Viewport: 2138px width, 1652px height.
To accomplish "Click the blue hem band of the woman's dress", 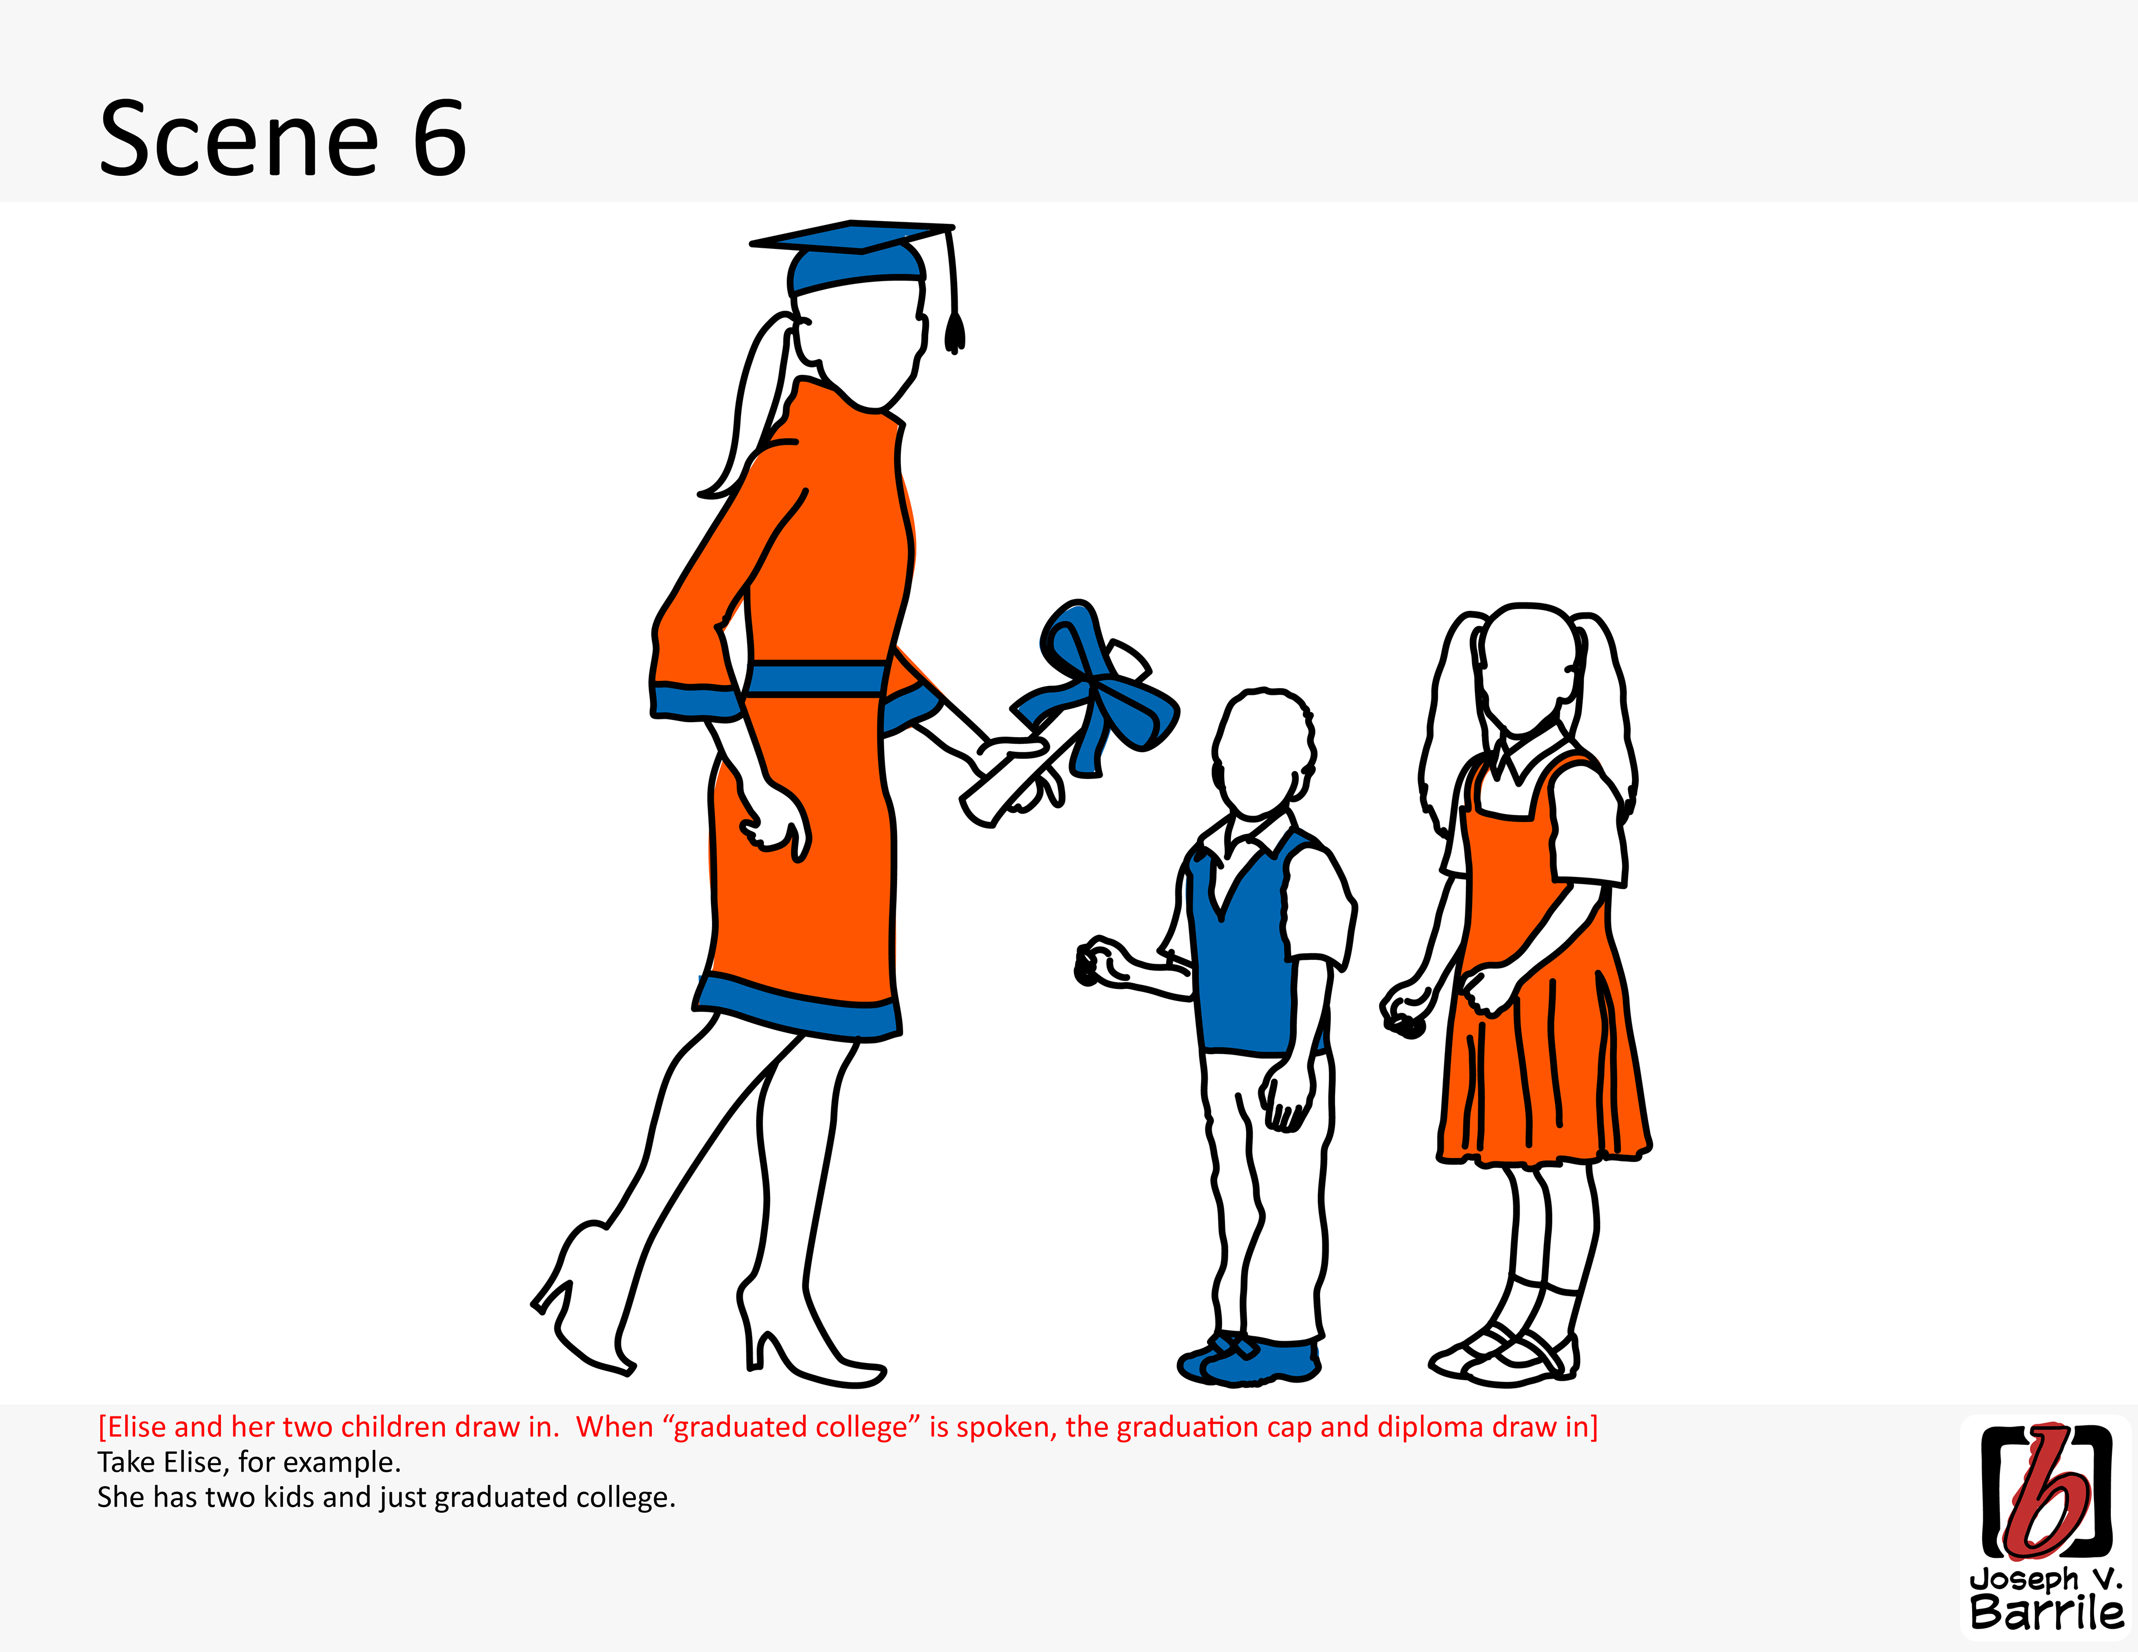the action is (798, 1006).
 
